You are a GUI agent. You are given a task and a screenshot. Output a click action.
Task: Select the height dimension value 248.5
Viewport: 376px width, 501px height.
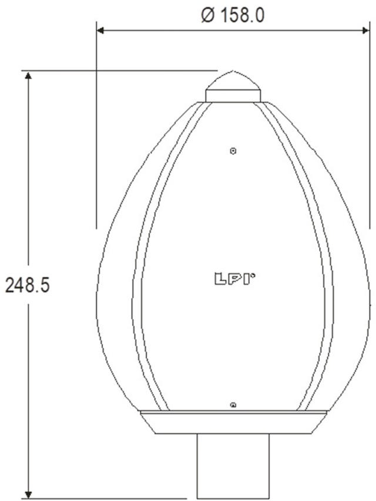point(27,285)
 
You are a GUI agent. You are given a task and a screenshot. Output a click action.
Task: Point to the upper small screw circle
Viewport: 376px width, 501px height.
point(233,151)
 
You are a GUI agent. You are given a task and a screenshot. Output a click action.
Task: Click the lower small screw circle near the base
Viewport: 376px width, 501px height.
point(233,404)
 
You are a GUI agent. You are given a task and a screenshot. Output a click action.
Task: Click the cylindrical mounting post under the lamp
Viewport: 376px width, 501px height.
point(233,465)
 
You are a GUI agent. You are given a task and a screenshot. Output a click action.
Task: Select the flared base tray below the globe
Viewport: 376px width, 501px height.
point(233,422)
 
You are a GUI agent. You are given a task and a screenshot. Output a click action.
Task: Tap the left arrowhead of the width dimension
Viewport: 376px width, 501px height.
point(100,30)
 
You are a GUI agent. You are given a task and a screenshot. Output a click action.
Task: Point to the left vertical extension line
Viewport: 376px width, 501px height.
point(96,129)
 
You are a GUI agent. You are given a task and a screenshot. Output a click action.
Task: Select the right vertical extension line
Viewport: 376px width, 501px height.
point(370,129)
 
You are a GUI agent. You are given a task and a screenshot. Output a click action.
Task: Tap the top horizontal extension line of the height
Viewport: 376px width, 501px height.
point(117,71)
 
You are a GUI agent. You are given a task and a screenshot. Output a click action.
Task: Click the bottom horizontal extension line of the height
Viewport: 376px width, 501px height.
point(106,499)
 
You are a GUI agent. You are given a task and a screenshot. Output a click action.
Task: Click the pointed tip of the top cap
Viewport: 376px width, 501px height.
point(233,72)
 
